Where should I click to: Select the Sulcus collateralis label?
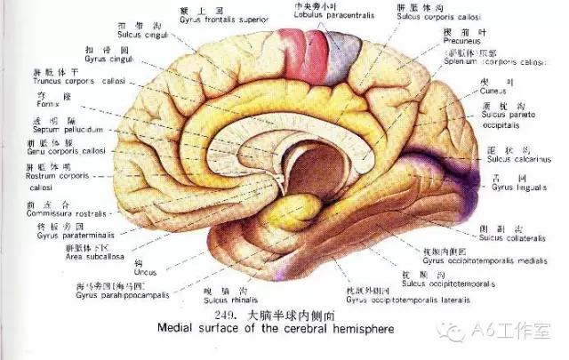(504, 237)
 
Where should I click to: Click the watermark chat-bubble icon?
(460, 332)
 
